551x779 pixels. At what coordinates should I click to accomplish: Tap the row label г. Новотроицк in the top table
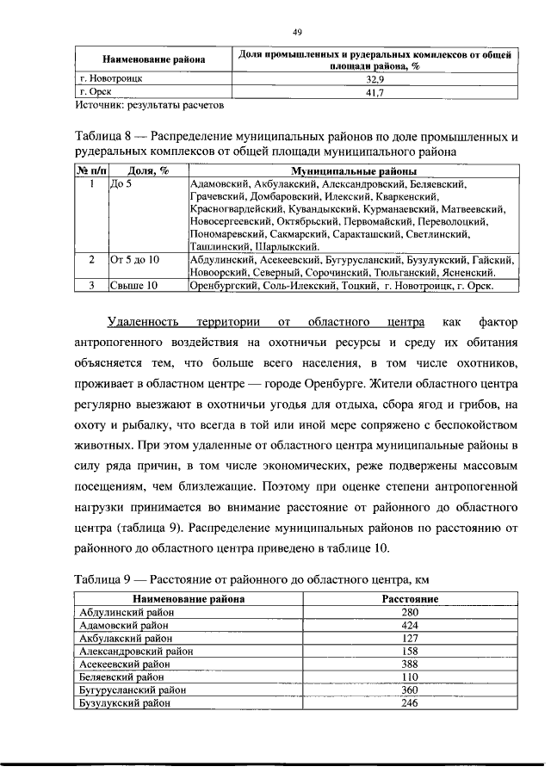109,77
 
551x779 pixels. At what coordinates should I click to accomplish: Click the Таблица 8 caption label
107,138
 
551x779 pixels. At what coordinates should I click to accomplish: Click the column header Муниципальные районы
353,171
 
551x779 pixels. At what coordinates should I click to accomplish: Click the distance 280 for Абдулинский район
410,611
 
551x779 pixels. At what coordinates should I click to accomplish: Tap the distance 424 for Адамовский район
410,625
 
